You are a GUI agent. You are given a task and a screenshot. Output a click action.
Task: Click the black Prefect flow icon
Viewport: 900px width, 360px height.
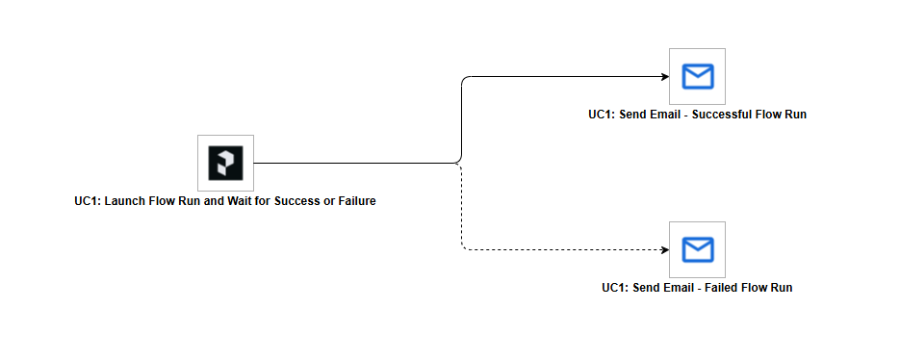[225, 163]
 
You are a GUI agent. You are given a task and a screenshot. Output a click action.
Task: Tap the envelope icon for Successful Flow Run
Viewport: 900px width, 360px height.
[697, 76]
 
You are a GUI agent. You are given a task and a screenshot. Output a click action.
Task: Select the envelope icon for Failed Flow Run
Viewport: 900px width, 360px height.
[697, 249]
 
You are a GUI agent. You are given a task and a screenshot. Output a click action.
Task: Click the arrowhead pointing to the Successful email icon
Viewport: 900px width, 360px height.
[664, 76]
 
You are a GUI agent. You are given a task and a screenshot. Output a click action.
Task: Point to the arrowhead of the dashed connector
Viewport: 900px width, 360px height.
[664, 249]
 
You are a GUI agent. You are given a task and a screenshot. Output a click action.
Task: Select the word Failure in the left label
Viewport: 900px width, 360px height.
[352, 201]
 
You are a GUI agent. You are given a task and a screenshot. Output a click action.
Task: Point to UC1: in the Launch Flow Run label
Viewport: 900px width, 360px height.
[87, 201]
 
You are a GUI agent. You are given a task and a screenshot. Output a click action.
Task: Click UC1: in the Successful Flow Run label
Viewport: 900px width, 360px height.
[602, 115]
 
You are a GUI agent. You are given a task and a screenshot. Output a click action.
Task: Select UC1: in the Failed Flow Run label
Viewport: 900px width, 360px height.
[615, 288]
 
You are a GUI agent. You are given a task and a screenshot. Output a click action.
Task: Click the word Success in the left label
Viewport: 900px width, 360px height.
[295, 201]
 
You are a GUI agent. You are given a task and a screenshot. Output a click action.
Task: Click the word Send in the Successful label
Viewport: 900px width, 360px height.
[633, 115]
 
